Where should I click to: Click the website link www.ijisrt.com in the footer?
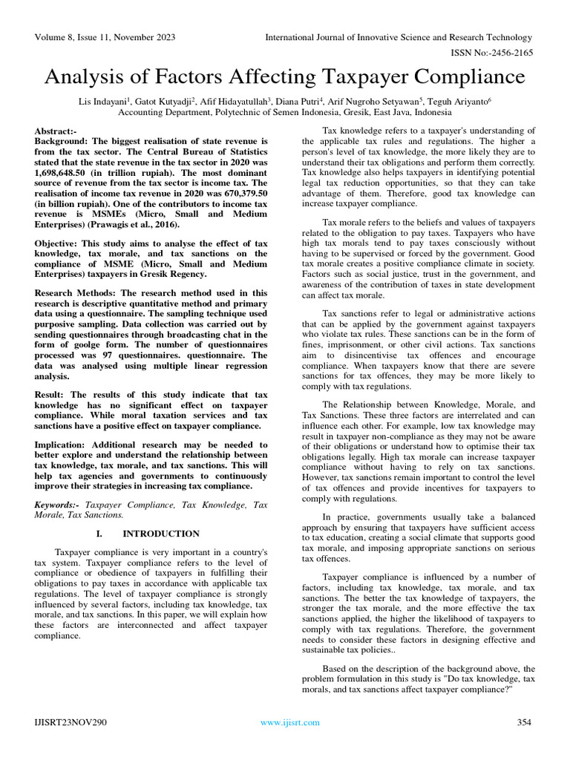click(290, 722)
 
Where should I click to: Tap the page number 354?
click(525, 722)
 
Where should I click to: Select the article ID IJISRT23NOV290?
click(71, 722)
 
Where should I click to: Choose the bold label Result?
click(51, 396)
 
